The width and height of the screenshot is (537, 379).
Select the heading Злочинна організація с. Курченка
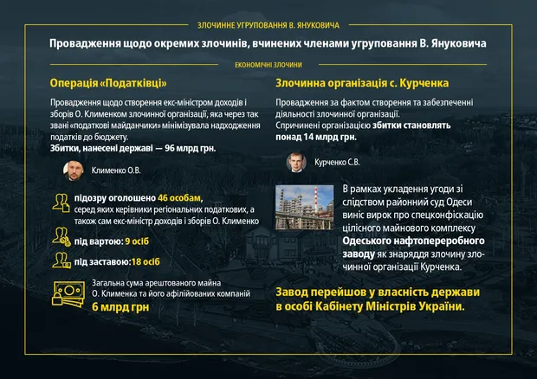(362, 83)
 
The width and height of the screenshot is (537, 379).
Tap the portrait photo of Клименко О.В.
(72, 171)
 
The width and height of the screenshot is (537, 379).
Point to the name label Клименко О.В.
(116, 171)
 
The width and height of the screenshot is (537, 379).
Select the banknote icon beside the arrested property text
(68, 295)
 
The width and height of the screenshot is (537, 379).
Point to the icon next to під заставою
(61, 260)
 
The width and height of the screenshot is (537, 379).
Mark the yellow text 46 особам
(179, 198)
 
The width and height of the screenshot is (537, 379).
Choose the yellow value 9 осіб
(139, 241)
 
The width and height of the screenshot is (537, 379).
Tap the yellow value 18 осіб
(146, 261)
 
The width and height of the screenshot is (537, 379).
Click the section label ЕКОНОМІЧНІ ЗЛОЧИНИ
(268, 64)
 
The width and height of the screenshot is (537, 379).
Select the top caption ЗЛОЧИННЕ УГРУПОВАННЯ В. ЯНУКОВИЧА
(268, 26)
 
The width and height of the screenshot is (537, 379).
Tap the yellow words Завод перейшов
(327, 291)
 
